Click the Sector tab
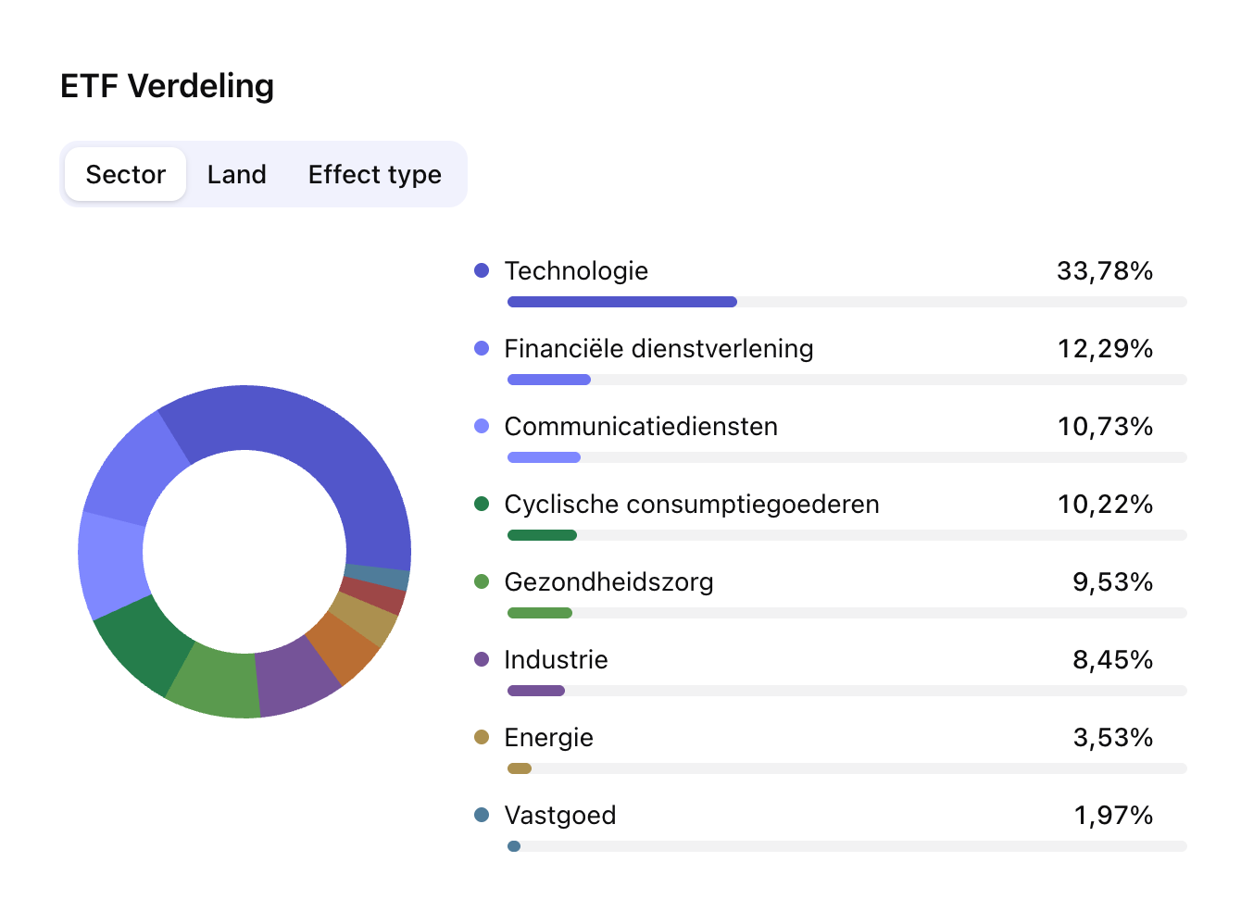click(x=126, y=174)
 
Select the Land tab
click(x=237, y=174)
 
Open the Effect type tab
click(x=374, y=174)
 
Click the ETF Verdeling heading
click(x=167, y=86)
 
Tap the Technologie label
click(x=576, y=270)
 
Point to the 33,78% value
click(x=1105, y=270)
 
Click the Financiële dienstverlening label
click(x=658, y=348)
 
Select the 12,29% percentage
click(x=1105, y=348)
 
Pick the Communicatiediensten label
click(x=641, y=426)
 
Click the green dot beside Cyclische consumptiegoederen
click(x=482, y=504)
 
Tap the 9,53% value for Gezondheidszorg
click(x=1112, y=581)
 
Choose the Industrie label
click(x=556, y=659)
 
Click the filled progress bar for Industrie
click(x=536, y=691)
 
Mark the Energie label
click(x=548, y=737)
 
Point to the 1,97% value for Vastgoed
click(x=1112, y=815)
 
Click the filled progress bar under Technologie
click(x=621, y=302)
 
